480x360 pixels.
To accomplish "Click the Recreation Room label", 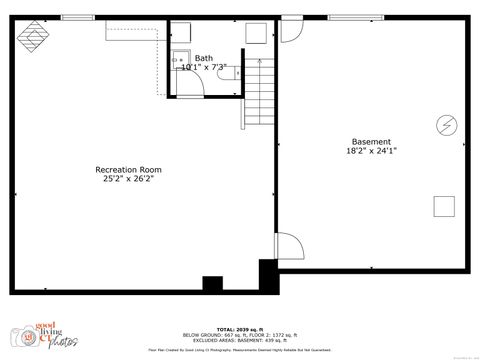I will pyautogui.click(x=128, y=169).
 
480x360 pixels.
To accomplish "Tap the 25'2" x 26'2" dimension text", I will pyautogui.click(x=128, y=179).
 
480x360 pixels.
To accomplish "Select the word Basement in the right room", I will pyautogui.click(x=371, y=141).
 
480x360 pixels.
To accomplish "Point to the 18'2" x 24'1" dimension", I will pyautogui.click(x=371, y=151).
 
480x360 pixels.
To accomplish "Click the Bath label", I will pyautogui.click(x=204, y=58).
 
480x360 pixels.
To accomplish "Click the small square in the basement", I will pyautogui.click(x=443, y=206).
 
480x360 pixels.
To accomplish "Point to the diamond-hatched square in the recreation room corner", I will pyautogui.click(x=35, y=36).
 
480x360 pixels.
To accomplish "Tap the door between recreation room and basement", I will pyautogui.click(x=286, y=248).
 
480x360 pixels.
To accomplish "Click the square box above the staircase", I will pyautogui.click(x=255, y=32).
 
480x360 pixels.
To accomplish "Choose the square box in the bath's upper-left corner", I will pyautogui.click(x=181, y=33).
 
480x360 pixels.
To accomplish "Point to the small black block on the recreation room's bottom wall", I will pyautogui.click(x=212, y=284).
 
